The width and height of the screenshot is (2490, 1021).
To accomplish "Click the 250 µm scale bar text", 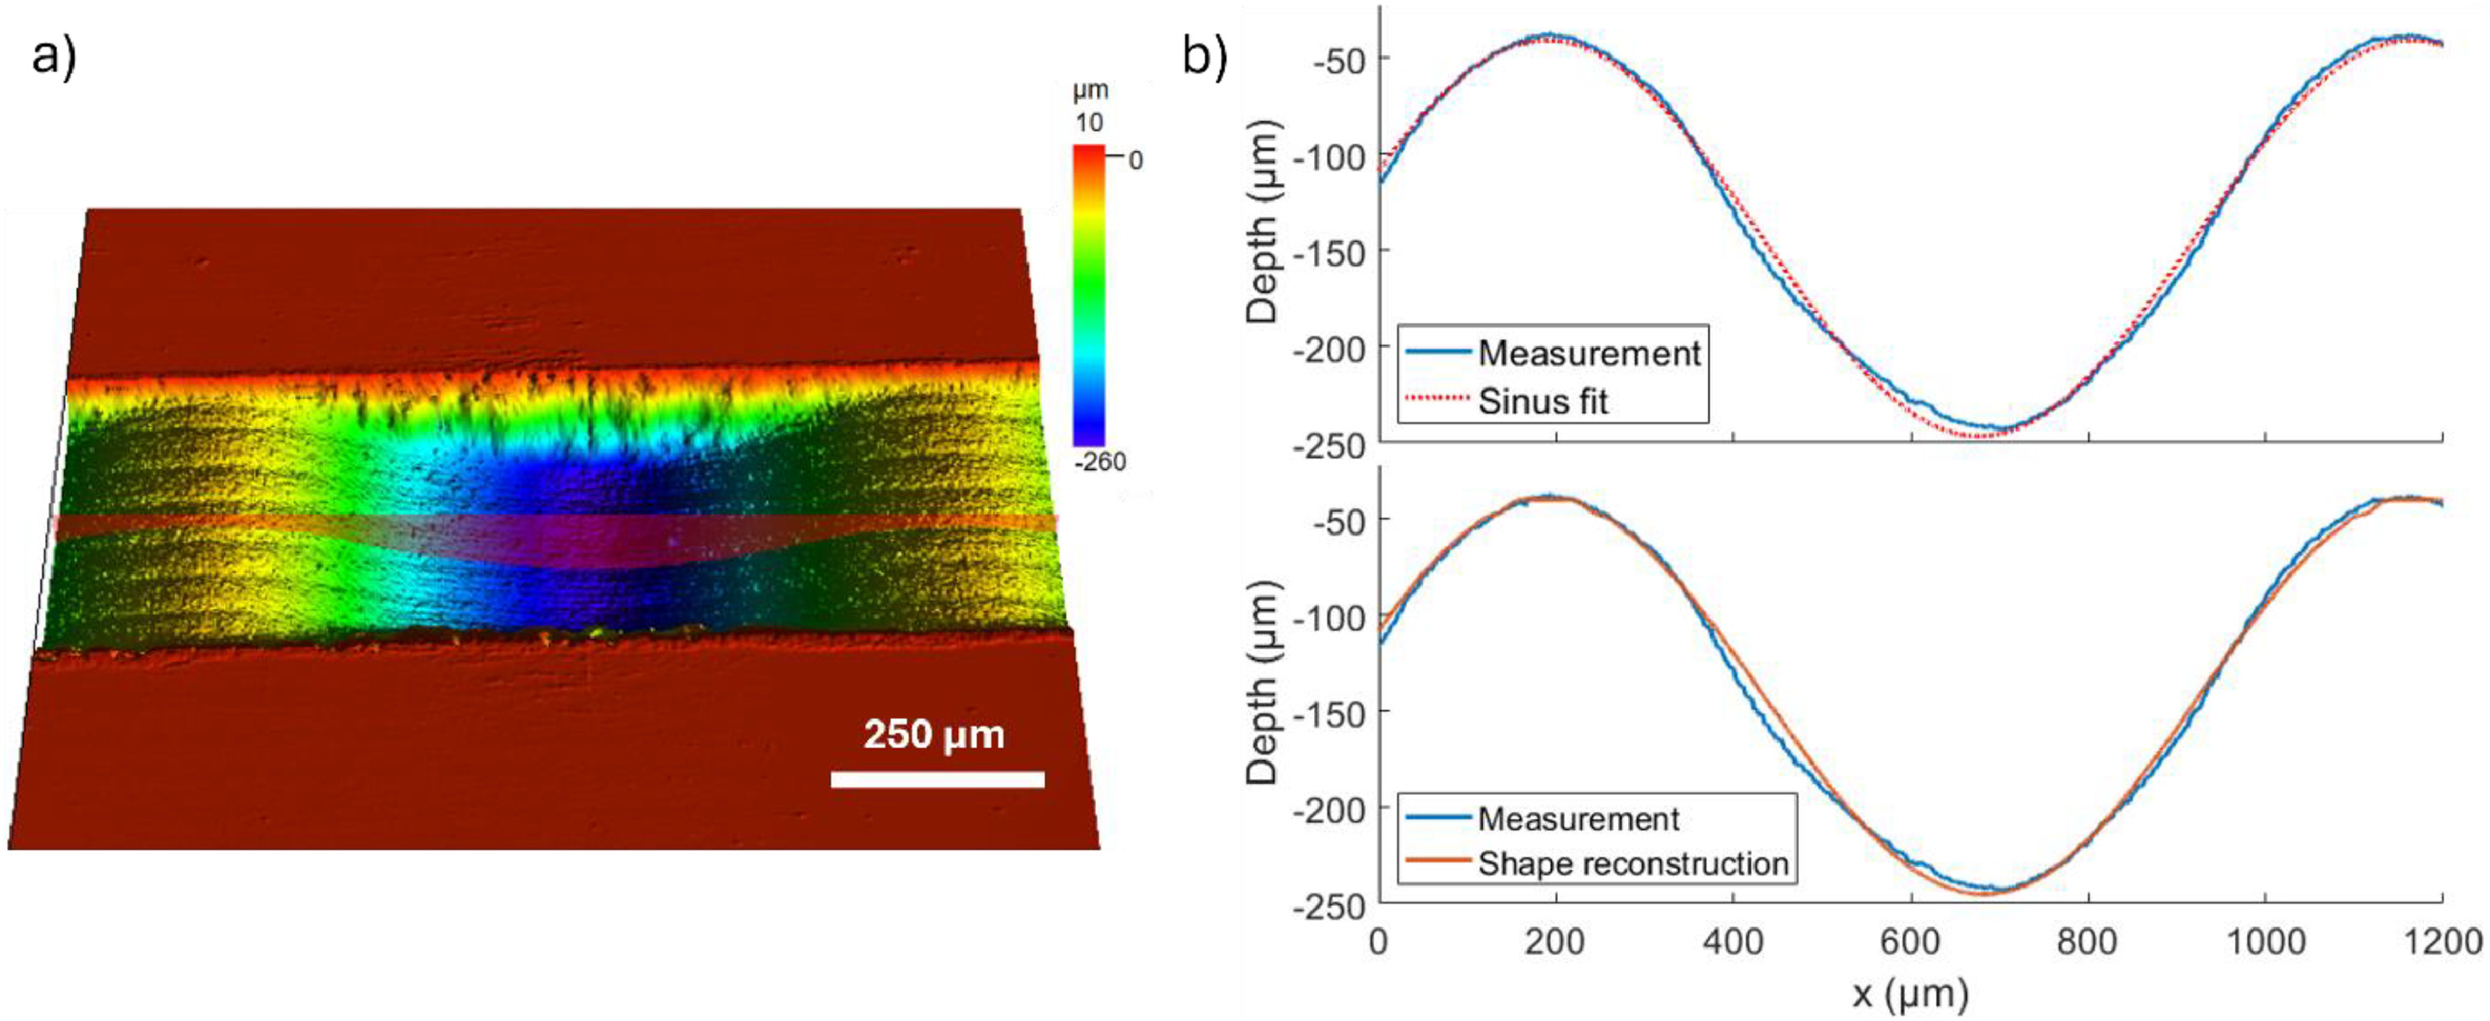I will click(934, 735).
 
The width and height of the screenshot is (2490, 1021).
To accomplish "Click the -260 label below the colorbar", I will click(1100, 462).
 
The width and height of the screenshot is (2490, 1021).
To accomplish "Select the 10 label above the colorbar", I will click(1088, 123).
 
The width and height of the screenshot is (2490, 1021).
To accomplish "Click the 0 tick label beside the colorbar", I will click(1135, 160).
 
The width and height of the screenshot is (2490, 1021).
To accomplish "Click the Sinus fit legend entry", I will click(1543, 401).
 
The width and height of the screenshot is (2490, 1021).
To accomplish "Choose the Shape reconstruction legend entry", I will click(1633, 863).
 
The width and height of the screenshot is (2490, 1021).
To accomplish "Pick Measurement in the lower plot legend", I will click(1578, 819).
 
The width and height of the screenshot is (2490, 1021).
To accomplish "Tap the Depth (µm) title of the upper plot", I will click(1262, 222).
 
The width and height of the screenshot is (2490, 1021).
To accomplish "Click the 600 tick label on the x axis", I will click(1911, 941).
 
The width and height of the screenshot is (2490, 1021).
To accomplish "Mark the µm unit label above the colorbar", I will click(1091, 90).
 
